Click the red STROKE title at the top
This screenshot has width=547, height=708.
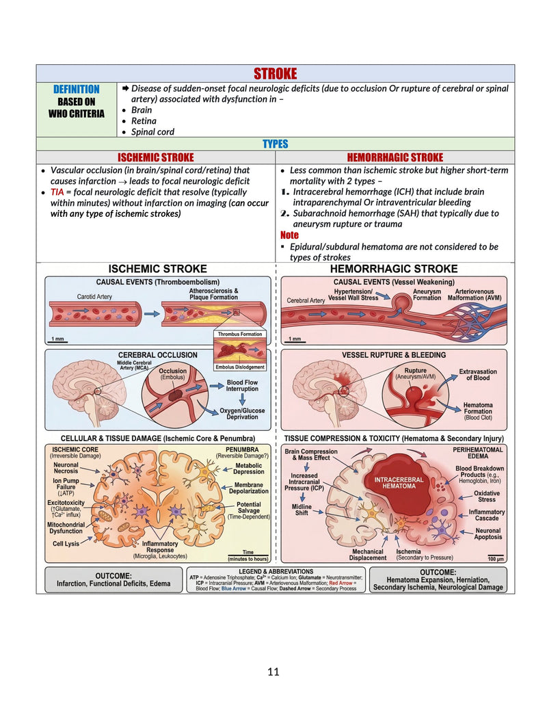(x=275, y=74)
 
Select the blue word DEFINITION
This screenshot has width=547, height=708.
(x=77, y=90)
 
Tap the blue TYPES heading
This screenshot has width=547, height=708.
(x=276, y=144)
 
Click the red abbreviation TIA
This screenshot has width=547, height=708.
(x=57, y=192)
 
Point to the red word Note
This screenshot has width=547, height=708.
(x=289, y=235)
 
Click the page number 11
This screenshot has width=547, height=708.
(x=273, y=672)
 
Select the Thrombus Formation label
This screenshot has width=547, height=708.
(x=239, y=334)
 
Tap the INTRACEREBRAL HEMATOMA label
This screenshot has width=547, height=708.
(x=399, y=483)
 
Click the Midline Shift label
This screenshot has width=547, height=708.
(x=302, y=510)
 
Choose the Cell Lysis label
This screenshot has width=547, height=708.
(x=66, y=544)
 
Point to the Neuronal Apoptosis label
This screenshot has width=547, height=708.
(x=488, y=534)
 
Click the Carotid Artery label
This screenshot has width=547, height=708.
(x=94, y=297)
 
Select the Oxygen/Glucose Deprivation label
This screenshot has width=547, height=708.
(x=242, y=414)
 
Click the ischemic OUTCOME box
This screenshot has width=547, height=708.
(x=114, y=580)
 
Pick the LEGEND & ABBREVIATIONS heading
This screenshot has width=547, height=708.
(x=276, y=572)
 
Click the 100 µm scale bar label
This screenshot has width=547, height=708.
(x=496, y=559)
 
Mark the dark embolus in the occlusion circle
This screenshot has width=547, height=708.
(x=174, y=397)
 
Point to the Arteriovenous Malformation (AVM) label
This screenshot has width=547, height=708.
(x=475, y=295)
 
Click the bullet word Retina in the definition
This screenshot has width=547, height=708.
(x=144, y=121)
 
